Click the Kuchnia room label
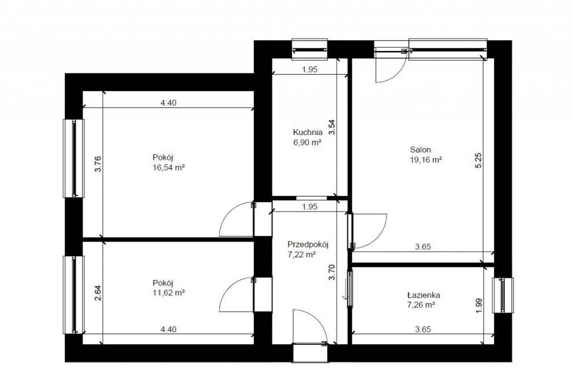[x=308, y=132]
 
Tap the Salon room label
[x=420, y=149]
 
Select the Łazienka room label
[x=423, y=295]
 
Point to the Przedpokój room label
[x=308, y=244]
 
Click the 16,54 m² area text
[x=169, y=168]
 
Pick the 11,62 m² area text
[x=169, y=293]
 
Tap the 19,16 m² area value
[x=426, y=160]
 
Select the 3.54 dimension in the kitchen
[x=331, y=127]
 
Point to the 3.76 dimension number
[x=98, y=164]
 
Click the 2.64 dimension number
[x=98, y=293]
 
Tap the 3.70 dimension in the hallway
[x=331, y=272]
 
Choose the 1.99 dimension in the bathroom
[x=479, y=306]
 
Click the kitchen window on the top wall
[x=309, y=50]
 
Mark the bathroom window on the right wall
[x=503, y=295]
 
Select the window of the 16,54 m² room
[x=73, y=158]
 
